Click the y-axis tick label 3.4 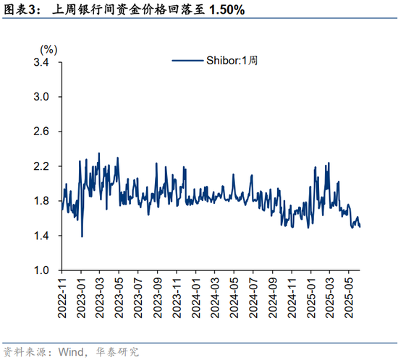[x=40, y=62]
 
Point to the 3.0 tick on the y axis [x=40, y=97]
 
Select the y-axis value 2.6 [x=40, y=132]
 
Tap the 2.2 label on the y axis [x=40, y=166]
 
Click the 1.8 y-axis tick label [x=40, y=201]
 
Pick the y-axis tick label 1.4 [x=40, y=236]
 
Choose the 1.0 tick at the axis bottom [x=40, y=270]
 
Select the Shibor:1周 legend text [x=230, y=61]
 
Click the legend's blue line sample [x=186, y=61]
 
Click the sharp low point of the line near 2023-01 [x=82, y=236]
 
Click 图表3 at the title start [x=18, y=11]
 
